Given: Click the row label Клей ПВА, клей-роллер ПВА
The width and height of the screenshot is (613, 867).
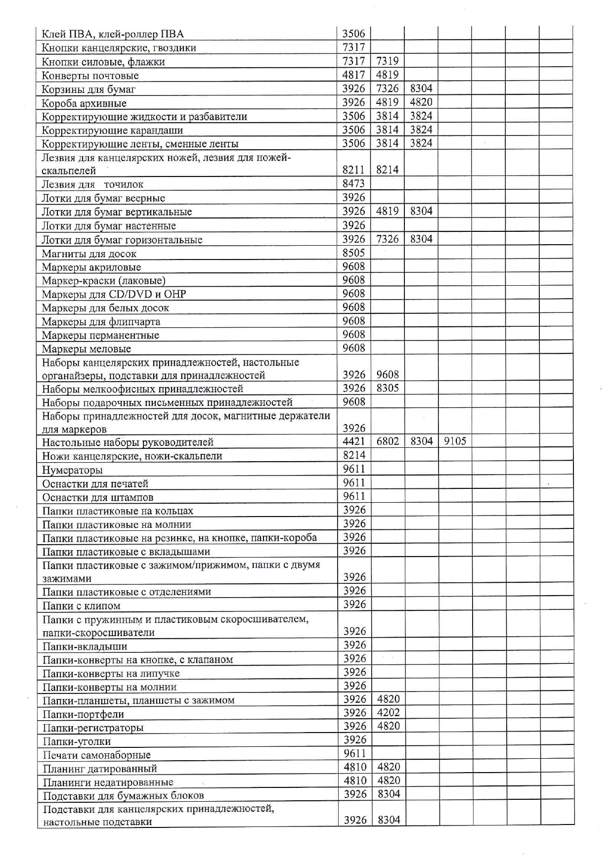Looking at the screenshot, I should [x=113, y=34].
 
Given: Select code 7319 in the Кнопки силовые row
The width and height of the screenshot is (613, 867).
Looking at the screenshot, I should [x=387, y=61].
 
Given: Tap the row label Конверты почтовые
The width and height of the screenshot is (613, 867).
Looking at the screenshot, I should [x=90, y=76].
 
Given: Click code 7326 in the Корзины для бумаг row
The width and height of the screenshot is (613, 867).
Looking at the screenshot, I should [x=387, y=88].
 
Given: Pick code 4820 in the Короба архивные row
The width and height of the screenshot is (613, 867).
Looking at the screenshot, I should [x=421, y=102].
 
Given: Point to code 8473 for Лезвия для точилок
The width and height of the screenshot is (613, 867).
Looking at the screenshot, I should [x=353, y=184].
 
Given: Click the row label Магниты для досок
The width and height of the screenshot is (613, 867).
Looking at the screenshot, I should [x=89, y=254].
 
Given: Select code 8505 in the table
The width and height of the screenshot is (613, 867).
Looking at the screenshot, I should [x=353, y=253].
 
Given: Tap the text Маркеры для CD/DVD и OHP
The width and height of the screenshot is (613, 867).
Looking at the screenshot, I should [x=114, y=295].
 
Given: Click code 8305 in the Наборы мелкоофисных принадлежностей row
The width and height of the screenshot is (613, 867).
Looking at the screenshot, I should [x=388, y=388].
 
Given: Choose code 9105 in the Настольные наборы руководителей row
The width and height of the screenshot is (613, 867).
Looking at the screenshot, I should [x=455, y=441].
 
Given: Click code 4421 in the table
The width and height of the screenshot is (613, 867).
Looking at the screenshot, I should [x=354, y=441].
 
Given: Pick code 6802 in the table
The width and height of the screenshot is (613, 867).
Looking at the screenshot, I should [x=388, y=441].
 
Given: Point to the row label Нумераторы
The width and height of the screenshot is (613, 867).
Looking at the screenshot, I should [x=72, y=470].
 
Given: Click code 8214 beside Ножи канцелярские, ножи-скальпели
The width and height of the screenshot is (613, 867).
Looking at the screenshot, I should [x=354, y=455].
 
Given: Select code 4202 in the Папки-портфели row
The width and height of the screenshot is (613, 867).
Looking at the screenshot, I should [x=388, y=713].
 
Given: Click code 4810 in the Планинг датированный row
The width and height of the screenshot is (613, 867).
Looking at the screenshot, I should [x=355, y=767].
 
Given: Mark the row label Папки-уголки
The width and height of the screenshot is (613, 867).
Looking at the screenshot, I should [x=77, y=741].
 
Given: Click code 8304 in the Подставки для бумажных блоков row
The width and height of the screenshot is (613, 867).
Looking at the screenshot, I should [x=389, y=794].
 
